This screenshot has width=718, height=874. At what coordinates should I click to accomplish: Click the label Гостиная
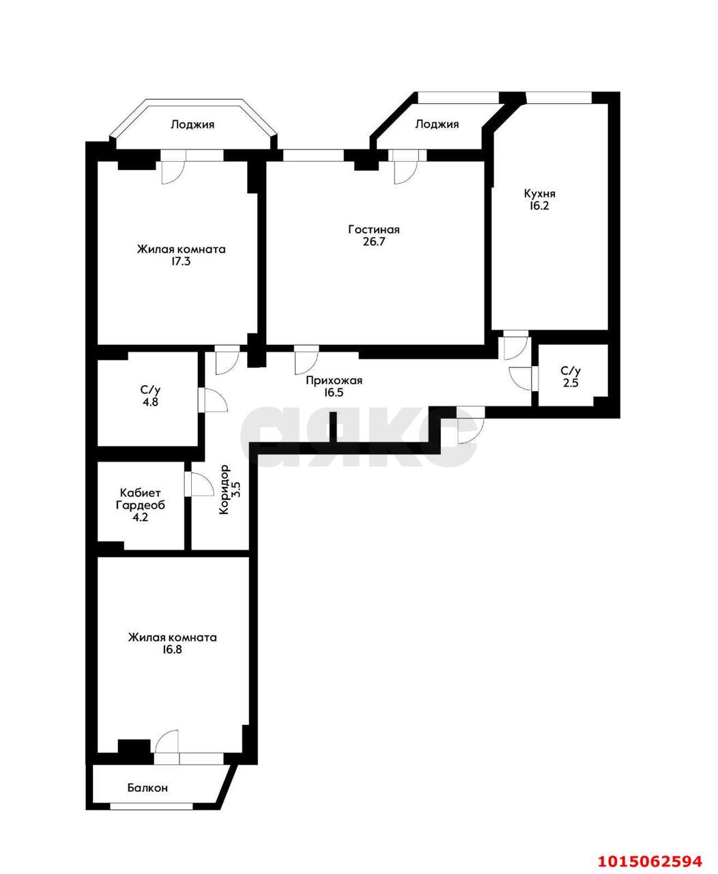coord(373,229)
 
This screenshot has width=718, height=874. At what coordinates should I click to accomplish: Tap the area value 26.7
coord(373,242)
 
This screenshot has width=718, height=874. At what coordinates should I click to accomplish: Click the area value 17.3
coord(181,262)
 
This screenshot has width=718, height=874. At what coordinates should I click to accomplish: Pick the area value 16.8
coord(172,650)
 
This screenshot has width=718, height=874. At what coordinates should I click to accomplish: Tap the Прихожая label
coord(334,381)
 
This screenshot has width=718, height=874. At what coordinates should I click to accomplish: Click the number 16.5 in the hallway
coord(334,393)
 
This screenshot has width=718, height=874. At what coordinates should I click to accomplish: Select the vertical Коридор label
coord(225,490)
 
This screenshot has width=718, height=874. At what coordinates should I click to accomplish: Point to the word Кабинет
coord(141,493)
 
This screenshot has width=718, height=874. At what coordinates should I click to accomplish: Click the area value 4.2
coord(141,518)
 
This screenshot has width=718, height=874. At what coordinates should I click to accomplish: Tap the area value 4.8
coord(150,402)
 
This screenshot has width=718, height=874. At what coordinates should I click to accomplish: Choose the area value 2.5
coord(570,383)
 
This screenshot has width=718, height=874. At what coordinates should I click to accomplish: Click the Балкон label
coord(147,788)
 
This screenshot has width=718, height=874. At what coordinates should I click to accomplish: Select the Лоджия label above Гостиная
coord(437,124)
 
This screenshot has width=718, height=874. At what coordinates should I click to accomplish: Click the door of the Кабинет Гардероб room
coord(200,485)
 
